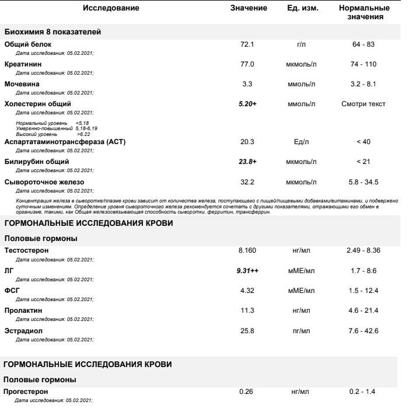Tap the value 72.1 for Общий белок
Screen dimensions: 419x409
tap(257, 44)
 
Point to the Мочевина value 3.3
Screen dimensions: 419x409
tap(257, 85)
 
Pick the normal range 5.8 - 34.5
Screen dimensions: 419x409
tap(362, 182)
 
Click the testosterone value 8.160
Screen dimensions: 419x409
tap(257, 251)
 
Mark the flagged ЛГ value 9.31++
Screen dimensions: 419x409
tap(257, 271)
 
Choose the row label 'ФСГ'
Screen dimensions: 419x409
tap(12, 290)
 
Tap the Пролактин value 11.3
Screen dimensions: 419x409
tap(257, 310)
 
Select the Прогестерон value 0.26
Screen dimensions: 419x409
tap(257, 391)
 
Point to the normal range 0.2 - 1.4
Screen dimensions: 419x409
tap(362, 391)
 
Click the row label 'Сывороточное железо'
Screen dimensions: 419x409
tap(44, 182)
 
